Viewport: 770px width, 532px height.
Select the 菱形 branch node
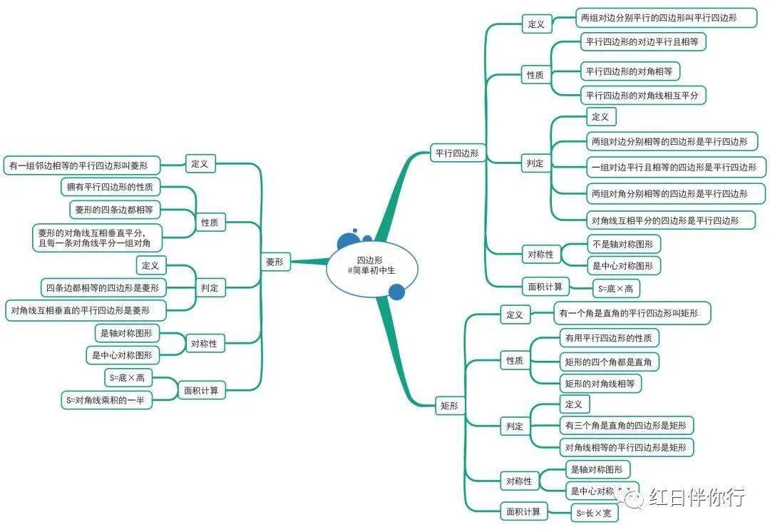point(275,262)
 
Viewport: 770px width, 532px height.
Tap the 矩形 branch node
point(449,405)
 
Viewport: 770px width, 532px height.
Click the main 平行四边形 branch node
point(457,153)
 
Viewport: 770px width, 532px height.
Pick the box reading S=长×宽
point(594,513)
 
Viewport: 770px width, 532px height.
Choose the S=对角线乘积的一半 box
point(106,400)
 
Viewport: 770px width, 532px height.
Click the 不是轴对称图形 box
point(623,244)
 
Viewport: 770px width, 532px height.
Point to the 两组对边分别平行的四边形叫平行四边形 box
point(666,18)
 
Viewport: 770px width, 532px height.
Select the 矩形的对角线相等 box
point(600,383)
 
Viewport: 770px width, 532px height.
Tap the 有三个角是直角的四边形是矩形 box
point(626,426)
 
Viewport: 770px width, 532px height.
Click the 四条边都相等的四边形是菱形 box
point(103,288)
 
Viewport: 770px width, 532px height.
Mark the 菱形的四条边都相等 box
point(114,210)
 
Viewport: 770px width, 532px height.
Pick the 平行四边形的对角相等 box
point(630,71)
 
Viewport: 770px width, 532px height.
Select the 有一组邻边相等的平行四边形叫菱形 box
point(82,165)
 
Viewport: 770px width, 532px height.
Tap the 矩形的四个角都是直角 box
point(609,362)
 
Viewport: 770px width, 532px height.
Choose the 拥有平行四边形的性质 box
point(110,187)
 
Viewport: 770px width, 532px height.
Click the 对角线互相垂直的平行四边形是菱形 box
point(86,310)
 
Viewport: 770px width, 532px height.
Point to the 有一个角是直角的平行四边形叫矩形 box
point(632,313)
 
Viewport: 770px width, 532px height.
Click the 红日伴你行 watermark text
point(697,497)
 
